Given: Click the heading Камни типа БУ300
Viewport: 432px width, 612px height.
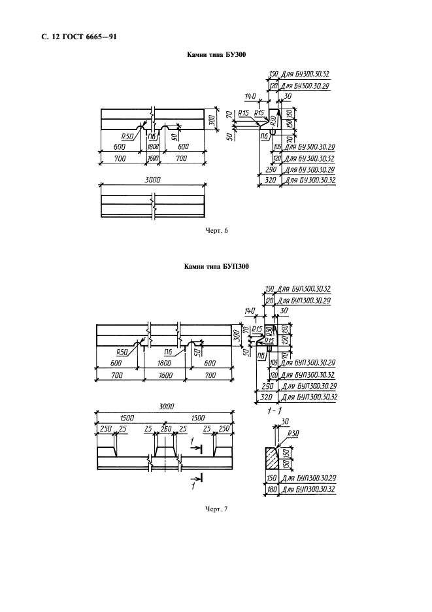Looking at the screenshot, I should (216, 57).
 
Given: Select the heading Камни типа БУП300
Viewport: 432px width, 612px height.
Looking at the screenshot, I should (216, 267).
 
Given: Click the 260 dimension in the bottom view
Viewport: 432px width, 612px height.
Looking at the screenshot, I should (166, 428).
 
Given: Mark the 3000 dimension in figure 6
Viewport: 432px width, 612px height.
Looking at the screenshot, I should (153, 180).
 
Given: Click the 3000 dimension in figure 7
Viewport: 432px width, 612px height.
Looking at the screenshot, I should (167, 406).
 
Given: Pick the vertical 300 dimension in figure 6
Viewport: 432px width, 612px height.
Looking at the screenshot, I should (211, 121).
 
